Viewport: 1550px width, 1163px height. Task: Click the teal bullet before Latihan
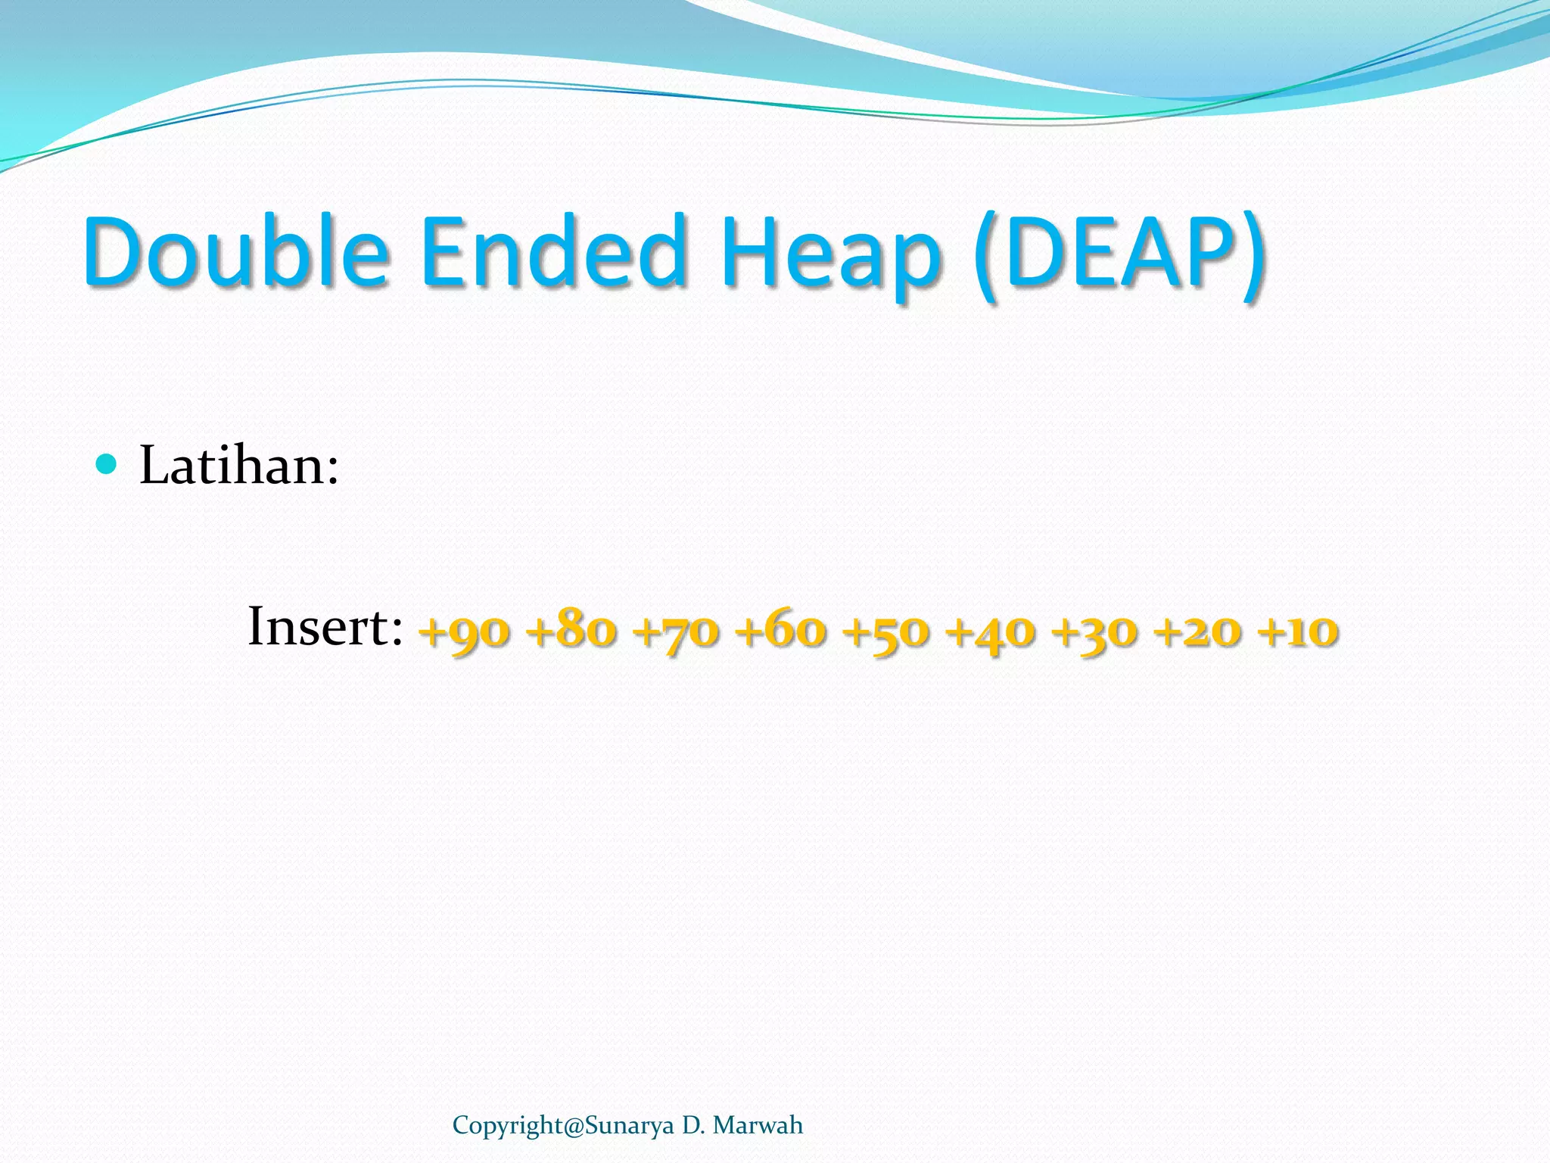(107, 463)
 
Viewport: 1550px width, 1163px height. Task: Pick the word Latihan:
(239, 465)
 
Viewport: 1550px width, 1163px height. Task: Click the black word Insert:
(325, 627)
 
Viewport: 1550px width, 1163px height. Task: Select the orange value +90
(465, 630)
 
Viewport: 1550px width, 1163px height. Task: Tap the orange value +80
(572, 630)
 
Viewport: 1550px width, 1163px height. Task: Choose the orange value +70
(677, 630)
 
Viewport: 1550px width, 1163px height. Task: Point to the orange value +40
(991, 630)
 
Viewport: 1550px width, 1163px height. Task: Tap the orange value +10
(1297, 630)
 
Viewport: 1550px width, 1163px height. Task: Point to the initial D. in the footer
(693, 1126)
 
